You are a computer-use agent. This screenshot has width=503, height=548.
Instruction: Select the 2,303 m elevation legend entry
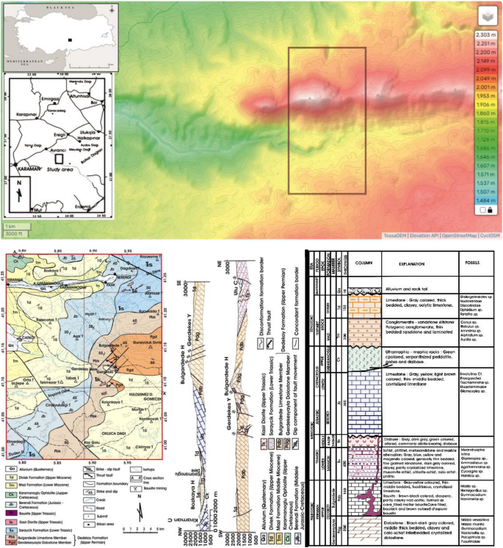(485, 34)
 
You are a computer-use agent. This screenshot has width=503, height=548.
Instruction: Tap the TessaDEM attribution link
(396, 235)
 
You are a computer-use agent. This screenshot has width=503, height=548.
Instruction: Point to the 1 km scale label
(10, 226)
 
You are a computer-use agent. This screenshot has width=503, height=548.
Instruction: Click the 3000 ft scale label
(13, 233)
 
